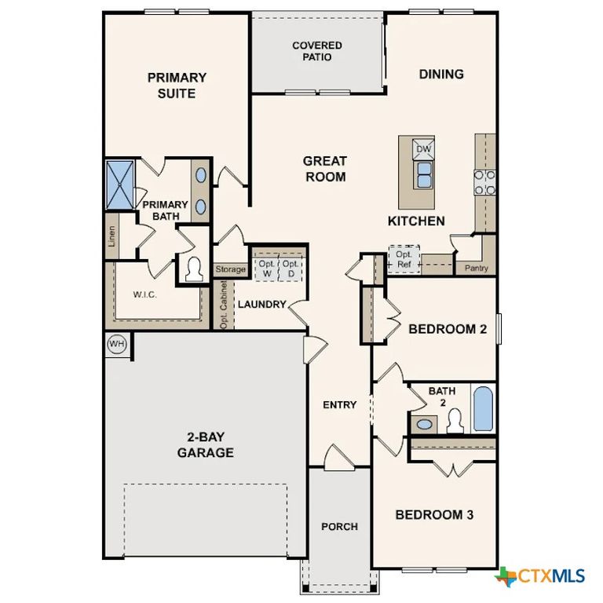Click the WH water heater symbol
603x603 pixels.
(117, 345)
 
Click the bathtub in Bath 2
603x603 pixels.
(482, 407)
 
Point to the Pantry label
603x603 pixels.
(476, 269)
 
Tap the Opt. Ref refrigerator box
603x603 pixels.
(404, 260)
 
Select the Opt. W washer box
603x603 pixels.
(267, 268)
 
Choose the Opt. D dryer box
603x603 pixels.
(291, 268)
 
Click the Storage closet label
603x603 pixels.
(231, 269)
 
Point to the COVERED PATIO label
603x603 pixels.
(317, 52)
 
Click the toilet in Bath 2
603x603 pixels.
(454, 422)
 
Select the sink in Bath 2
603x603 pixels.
(425, 425)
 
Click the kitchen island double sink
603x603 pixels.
(424, 174)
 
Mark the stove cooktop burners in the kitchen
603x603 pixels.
(484, 182)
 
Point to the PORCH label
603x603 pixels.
(339, 526)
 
